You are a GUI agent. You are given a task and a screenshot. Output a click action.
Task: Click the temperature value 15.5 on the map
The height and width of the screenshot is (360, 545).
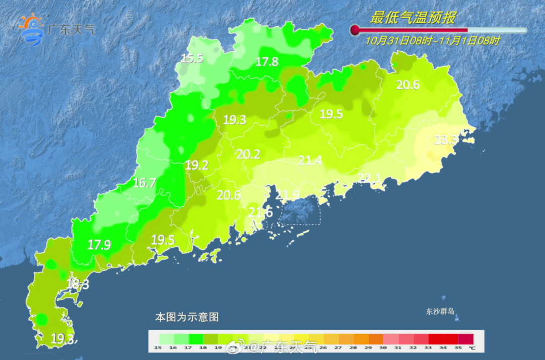click(x=192, y=59)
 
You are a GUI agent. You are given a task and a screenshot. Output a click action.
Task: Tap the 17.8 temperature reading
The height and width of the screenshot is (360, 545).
click(x=267, y=62)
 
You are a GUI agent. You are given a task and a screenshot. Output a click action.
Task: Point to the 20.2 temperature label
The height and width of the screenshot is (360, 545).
click(x=248, y=155)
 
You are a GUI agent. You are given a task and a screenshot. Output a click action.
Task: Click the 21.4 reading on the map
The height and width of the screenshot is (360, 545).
click(x=310, y=161)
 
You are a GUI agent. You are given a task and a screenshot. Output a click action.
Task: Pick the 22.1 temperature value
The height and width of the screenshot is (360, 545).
click(x=369, y=178)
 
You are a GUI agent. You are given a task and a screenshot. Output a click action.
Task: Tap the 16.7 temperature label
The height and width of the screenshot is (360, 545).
click(x=144, y=183)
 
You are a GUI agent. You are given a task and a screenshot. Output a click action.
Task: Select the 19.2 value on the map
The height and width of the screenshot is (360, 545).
click(x=197, y=165)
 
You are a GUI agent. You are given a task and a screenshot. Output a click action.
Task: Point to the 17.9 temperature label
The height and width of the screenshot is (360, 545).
click(x=99, y=245)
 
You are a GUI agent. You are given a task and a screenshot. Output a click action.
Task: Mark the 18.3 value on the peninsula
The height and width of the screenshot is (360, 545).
click(x=78, y=284)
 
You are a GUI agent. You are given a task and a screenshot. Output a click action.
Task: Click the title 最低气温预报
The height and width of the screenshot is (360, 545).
click(x=412, y=18)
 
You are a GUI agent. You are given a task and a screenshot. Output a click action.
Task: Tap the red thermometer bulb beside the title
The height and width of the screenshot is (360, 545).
click(x=355, y=30)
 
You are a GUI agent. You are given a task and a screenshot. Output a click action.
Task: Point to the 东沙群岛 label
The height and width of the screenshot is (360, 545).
click(x=441, y=312)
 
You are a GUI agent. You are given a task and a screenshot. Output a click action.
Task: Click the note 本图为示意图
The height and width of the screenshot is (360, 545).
click(x=187, y=318)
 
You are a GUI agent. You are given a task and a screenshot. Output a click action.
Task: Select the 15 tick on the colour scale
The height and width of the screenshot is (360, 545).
click(x=158, y=347)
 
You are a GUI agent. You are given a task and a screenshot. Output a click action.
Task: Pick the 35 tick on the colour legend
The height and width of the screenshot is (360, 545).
click(x=458, y=347)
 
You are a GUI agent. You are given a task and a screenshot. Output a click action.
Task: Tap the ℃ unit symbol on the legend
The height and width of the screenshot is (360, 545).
click(x=471, y=347)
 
